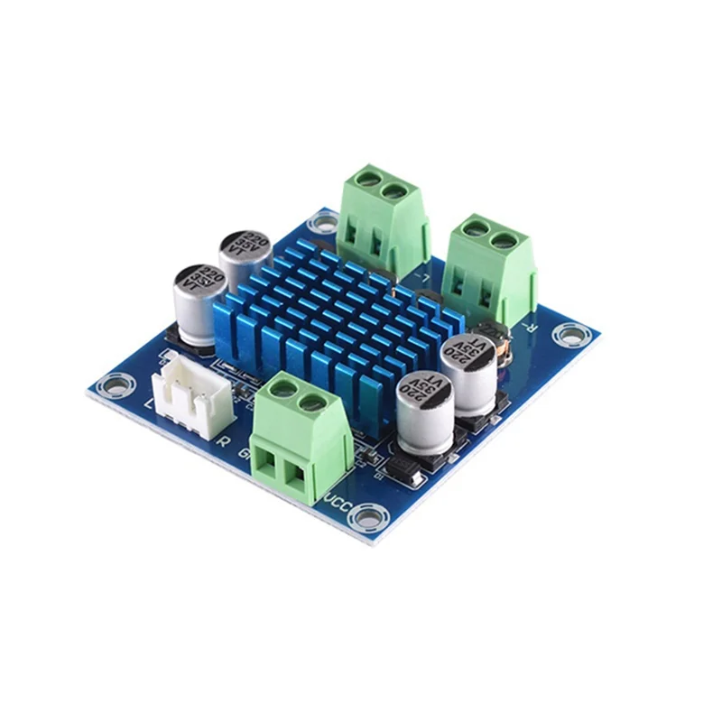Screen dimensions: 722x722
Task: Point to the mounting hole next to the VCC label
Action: point(366,516)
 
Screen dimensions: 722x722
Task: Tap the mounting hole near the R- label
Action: point(570,335)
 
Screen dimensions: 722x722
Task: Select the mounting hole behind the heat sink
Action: point(322,220)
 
